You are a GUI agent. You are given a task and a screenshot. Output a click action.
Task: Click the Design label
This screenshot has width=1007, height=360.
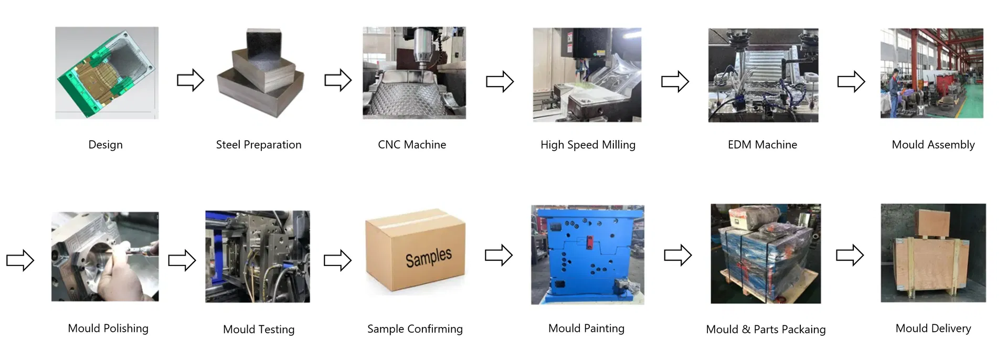tap(105, 145)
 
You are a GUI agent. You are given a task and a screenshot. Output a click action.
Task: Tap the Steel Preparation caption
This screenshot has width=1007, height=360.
tap(259, 145)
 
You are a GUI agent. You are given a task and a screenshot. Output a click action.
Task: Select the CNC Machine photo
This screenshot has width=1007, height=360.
tap(414, 73)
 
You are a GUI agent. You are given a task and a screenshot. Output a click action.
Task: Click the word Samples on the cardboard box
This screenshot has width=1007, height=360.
tap(428, 257)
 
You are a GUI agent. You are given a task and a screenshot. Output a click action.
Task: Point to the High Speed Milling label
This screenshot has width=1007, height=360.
tap(588, 145)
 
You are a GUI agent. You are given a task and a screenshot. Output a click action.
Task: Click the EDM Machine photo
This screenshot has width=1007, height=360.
tap(763, 75)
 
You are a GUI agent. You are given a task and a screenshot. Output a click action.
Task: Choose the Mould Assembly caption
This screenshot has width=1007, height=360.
tap(933, 145)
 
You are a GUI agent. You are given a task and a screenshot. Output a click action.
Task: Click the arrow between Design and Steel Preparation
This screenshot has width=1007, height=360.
tap(190, 80)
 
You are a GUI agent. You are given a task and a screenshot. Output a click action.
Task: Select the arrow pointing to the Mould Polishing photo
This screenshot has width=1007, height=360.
tap(20, 260)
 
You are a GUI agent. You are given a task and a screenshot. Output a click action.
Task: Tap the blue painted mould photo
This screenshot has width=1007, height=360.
tap(587, 255)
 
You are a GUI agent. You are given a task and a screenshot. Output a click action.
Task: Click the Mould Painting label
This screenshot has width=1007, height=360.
tap(586, 329)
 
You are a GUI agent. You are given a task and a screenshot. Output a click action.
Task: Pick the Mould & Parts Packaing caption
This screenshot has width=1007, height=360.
tap(766, 330)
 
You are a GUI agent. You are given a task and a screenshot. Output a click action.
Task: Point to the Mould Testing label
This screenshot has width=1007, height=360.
tap(259, 330)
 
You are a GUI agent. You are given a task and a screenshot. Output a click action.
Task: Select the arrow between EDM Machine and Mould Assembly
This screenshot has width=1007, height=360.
tap(851, 82)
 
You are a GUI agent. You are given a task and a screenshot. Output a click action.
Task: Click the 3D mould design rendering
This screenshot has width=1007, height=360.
tap(107, 73)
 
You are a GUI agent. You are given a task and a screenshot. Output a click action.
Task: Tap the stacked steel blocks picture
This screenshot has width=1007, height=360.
tap(261, 73)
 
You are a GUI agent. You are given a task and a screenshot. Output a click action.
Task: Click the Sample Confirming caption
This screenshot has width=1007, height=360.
tap(415, 329)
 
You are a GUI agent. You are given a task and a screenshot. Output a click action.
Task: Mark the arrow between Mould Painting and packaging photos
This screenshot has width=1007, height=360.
tap(677, 256)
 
